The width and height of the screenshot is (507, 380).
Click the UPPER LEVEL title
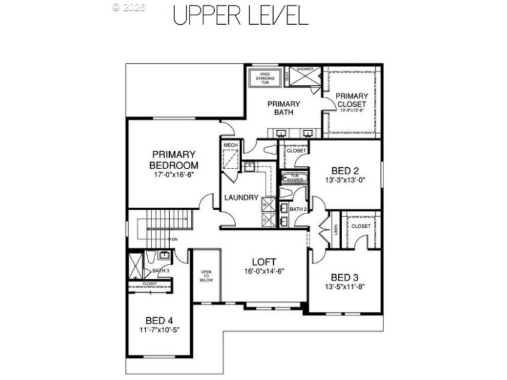240,15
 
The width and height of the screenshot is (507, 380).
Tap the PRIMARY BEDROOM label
173,159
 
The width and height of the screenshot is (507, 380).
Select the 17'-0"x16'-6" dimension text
173,174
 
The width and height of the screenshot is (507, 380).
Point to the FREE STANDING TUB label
262,78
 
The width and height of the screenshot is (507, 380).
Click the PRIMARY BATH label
283,108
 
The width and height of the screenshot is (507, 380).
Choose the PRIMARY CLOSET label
352,100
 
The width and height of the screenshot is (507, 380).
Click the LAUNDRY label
241,198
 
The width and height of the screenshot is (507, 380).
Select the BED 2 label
345,170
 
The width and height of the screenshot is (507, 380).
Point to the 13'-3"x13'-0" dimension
345,180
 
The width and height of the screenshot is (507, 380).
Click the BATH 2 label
297,208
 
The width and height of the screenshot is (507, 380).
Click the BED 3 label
345,277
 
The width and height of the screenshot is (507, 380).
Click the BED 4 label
158,320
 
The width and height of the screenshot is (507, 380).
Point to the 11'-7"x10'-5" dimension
158,331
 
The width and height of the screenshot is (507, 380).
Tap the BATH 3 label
161,270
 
